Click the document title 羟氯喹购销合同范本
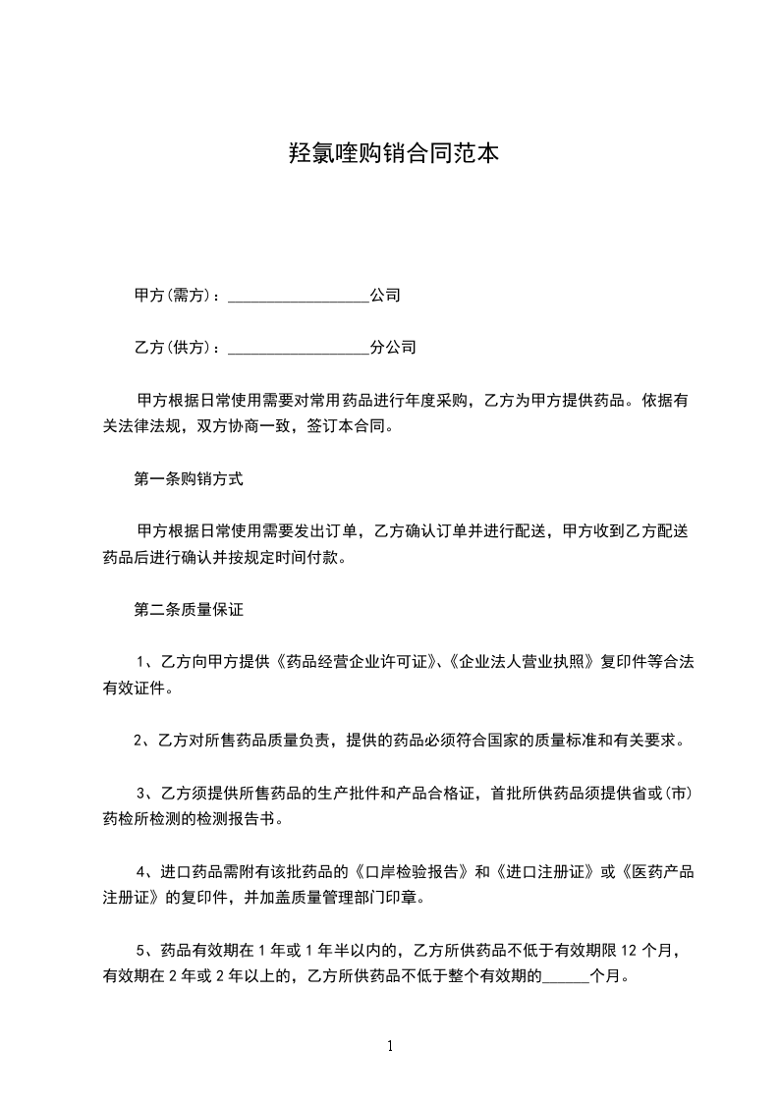pos(389,153)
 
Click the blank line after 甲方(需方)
pos(299,296)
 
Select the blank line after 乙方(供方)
pos(299,348)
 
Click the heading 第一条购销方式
pos(188,480)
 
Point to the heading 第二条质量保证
pos(188,609)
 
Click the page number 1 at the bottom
pos(390,1046)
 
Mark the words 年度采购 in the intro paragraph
pos(443,401)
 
